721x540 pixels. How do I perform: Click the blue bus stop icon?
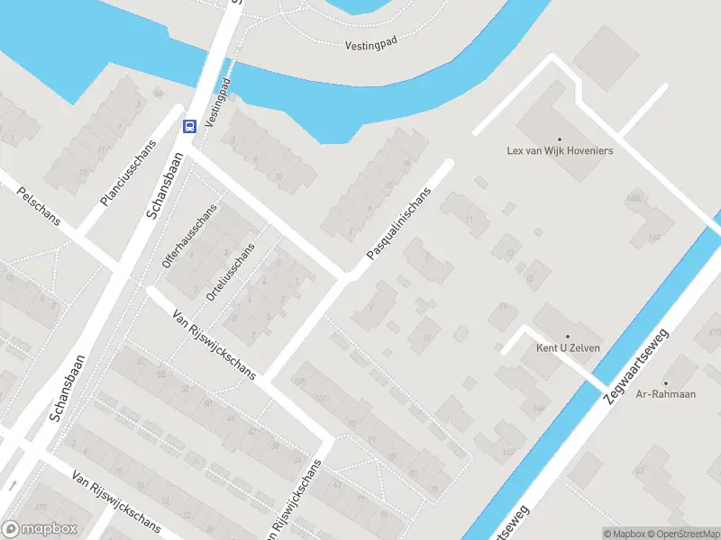click(190, 125)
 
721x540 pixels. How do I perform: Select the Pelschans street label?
click(38, 205)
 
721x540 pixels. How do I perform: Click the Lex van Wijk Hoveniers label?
click(560, 151)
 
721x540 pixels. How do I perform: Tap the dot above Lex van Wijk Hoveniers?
click(560, 139)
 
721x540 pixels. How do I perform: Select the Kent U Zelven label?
click(568, 348)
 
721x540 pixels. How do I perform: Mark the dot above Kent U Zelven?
click(568, 336)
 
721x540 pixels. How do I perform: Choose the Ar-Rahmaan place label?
click(665, 394)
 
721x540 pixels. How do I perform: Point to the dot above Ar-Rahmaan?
click(665, 382)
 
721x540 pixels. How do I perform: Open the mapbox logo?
click(40, 529)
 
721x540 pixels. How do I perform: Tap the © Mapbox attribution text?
click(625, 534)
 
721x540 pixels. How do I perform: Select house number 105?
click(299, 382)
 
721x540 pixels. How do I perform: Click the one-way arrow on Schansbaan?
click(13, 485)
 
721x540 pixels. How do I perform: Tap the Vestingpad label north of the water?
click(370, 44)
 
